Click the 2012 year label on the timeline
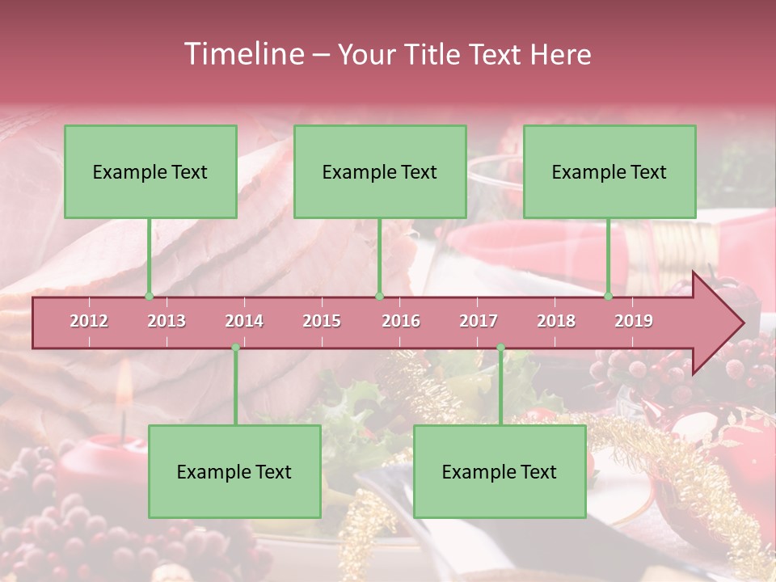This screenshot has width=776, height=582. [x=89, y=321]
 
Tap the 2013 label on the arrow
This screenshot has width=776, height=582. [x=167, y=321]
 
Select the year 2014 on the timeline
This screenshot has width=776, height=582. [x=244, y=321]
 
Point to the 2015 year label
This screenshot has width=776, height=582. [x=322, y=321]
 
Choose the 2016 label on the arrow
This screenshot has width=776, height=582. [x=401, y=321]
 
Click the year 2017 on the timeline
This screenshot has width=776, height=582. [x=479, y=321]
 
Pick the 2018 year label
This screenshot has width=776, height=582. [x=556, y=321]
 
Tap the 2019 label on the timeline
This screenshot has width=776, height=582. [x=634, y=321]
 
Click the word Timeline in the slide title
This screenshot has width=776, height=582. [x=242, y=54]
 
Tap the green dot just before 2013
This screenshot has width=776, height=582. [x=149, y=297]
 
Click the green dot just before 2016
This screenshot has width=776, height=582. [x=379, y=297]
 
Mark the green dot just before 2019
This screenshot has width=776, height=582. [x=608, y=297]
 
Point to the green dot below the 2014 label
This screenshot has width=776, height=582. [x=235, y=348]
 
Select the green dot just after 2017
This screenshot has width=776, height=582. [x=500, y=348]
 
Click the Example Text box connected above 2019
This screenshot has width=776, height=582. [x=609, y=171]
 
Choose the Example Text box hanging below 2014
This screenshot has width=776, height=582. [x=234, y=471]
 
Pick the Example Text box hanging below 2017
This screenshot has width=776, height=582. [x=500, y=471]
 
